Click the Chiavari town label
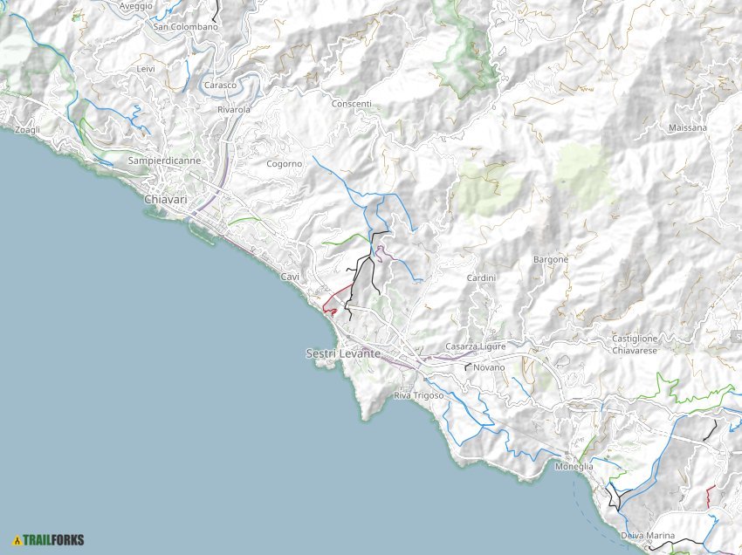pos(165,200)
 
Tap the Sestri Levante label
pos(343,353)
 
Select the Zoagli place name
pos(28,130)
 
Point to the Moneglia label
pos(574,467)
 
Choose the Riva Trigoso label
pos(419,395)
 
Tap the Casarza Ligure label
pos(475,346)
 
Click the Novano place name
pos(489,367)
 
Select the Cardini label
pos(481,277)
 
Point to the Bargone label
pos(550,259)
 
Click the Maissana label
pos(687,128)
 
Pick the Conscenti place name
pos(351,104)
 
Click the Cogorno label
pos(284,164)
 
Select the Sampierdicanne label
pos(164,161)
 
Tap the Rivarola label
pos(233,110)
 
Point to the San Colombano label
pos(185,27)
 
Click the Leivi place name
pos(146,68)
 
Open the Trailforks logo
pos(49,539)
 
